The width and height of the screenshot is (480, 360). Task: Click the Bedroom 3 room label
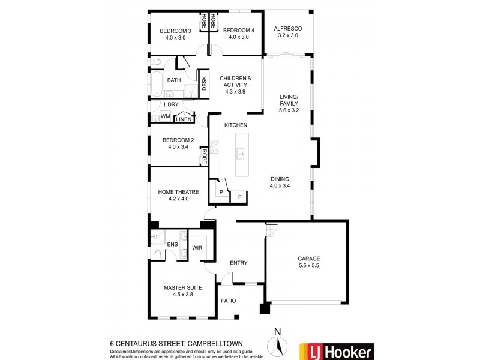[175, 31]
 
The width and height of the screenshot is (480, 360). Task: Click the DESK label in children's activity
[204, 83]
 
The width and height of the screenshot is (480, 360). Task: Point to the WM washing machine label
[165, 115]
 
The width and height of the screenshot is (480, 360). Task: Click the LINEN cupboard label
[184, 119]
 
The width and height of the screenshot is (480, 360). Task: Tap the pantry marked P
[221, 192]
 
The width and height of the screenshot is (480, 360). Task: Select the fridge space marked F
[239, 196]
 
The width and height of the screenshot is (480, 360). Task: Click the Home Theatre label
[173, 192]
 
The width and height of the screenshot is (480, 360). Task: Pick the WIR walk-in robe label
[197, 248]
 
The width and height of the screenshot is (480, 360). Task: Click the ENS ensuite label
[172, 244]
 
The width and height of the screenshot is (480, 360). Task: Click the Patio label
[228, 301]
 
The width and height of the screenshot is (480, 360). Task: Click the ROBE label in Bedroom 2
[204, 157]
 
